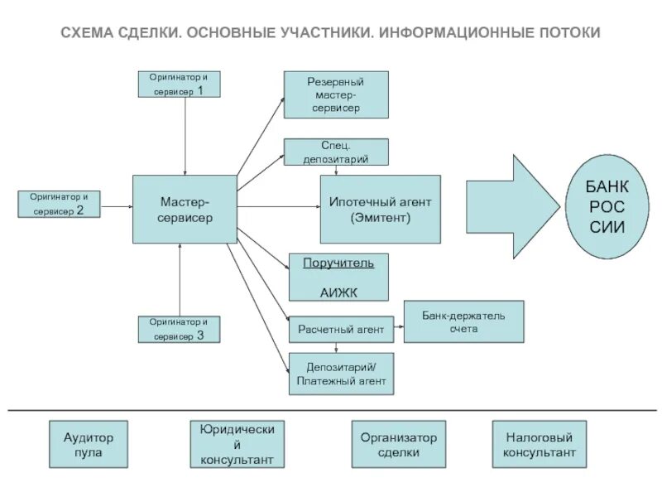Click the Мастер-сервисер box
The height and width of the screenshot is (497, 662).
[x=185, y=209]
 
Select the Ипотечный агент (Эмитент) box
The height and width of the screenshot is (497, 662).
[x=380, y=209]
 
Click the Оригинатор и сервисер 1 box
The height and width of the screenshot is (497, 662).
[x=179, y=84]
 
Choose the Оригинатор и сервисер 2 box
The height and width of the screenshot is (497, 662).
[x=58, y=204]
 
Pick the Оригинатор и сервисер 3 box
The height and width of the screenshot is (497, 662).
[x=179, y=330]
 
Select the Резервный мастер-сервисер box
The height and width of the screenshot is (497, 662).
[x=335, y=94]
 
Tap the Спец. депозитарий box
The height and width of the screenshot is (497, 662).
[x=335, y=152]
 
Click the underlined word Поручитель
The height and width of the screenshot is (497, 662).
[x=338, y=263]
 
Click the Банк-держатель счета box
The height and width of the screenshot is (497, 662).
[x=463, y=321]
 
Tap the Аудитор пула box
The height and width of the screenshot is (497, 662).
[x=89, y=445]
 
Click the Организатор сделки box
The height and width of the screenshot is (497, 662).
[x=398, y=445]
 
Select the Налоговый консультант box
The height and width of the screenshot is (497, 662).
[x=539, y=445]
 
